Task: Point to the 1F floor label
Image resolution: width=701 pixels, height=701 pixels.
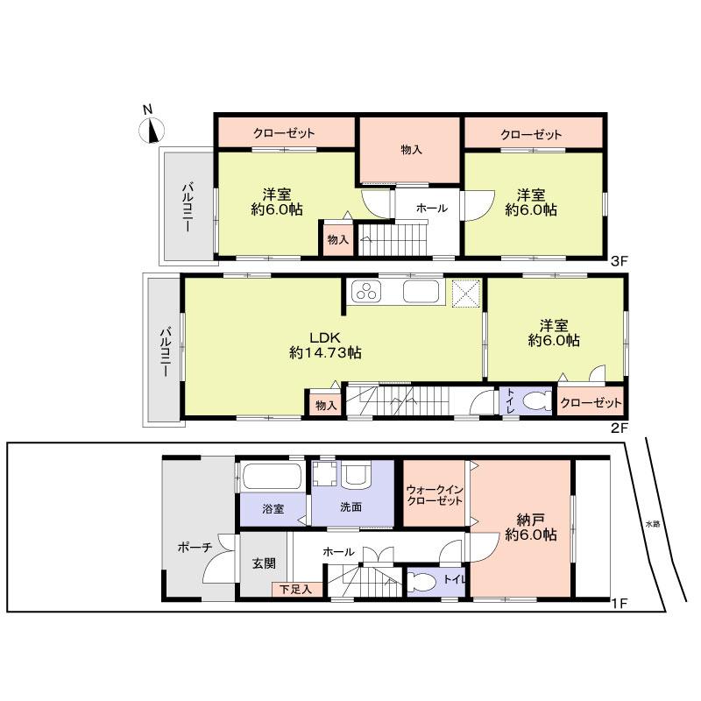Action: point(619,604)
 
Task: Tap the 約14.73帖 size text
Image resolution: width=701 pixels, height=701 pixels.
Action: point(325,353)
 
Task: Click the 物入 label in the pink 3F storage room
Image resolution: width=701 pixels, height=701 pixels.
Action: point(411,150)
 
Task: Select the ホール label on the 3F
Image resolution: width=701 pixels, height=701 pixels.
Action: point(431,209)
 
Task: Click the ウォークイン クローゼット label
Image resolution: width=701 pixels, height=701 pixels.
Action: point(434,494)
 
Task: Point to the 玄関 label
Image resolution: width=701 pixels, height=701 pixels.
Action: point(264,563)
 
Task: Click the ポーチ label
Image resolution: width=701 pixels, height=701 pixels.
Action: point(195,548)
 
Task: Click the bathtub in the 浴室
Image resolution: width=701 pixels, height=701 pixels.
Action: point(271,478)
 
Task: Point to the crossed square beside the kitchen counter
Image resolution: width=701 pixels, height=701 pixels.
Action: point(464,294)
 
